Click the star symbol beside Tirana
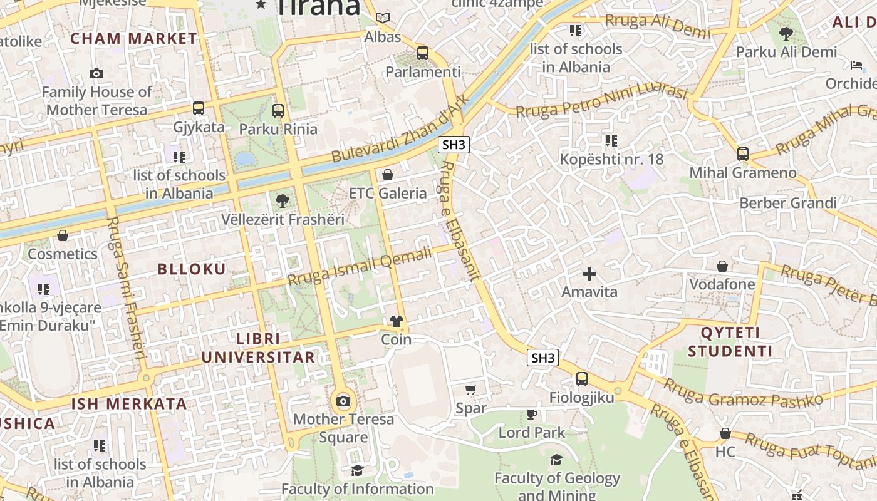261,5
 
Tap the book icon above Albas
382,18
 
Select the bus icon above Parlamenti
423,53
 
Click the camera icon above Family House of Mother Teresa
96,73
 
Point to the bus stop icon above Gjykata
199,108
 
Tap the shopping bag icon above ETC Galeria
388,175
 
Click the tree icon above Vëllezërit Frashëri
283,201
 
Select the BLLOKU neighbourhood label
192,269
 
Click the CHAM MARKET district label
133,38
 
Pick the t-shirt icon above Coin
397,321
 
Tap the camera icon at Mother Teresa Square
343,401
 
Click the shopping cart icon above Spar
471,390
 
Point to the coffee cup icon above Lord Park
532,414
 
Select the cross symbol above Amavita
589,274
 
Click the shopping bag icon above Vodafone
722,266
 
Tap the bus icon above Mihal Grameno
743,153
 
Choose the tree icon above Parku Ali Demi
786,33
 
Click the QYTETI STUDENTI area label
730,341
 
